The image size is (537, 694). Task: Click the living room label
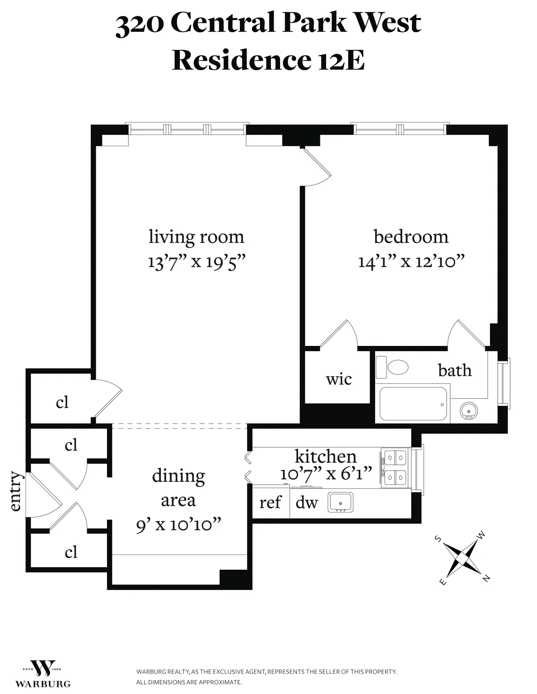pyautogui.click(x=196, y=236)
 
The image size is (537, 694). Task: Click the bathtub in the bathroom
pyautogui.click(x=413, y=404)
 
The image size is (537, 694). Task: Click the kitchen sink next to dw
pyautogui.click(x=341, y=502)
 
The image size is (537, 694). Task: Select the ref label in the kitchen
pyautogui.click(x=270, y=502)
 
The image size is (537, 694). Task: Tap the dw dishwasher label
pyautogui.click(x=307, y=502)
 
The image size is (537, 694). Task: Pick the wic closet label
pyautogui.click(x=338, y=379)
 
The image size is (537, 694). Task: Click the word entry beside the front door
pyautogui.click(x=15, y=491)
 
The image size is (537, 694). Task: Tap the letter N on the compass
pyautogui.click(x=486, y=578)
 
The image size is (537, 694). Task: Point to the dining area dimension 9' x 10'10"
pyautogui.click(x=179, y=525)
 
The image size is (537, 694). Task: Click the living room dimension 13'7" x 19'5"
pyautogui.click(x=197, y=261)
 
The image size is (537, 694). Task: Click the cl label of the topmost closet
pyautogui.click(x=62, y=402)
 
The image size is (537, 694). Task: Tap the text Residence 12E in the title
pyautogui.click(x=268, y=60)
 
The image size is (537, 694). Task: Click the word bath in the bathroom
pyautogui.click(x=455, y=370)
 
